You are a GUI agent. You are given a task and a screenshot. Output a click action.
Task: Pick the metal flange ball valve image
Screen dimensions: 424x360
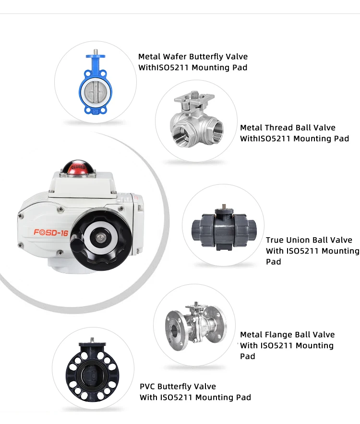click(x=195, y=325)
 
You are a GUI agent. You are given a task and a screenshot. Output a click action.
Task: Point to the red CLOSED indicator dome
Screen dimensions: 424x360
click(x=77, y=168)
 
